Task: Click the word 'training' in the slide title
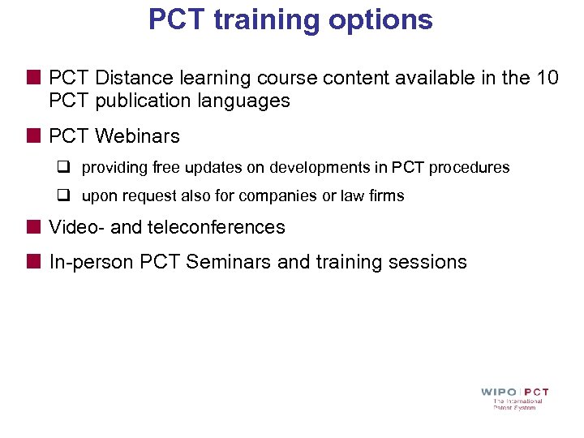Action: (x=264, y=19)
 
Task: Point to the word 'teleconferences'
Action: (x=215, y=227)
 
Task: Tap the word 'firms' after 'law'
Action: (x=387, y=196)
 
